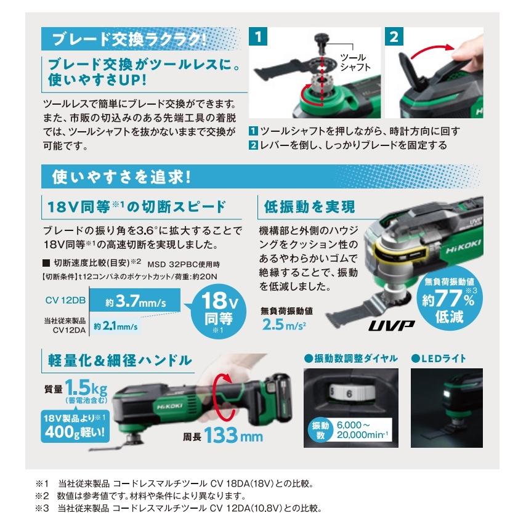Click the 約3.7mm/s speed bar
137,302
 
